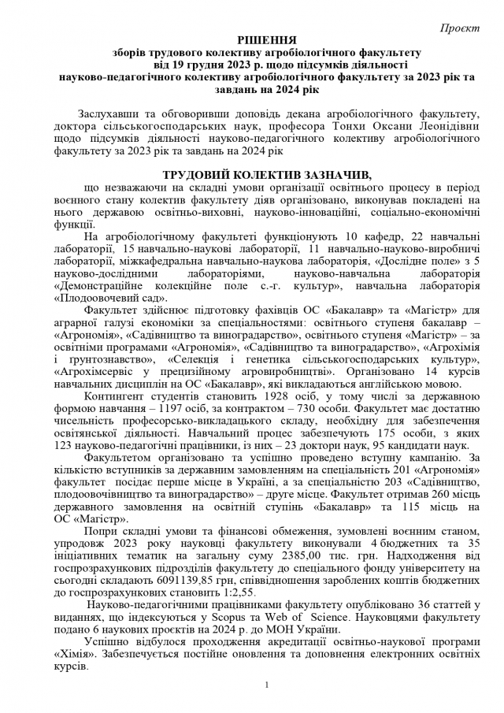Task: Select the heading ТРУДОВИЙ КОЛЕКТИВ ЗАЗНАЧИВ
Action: click(252, 174)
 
